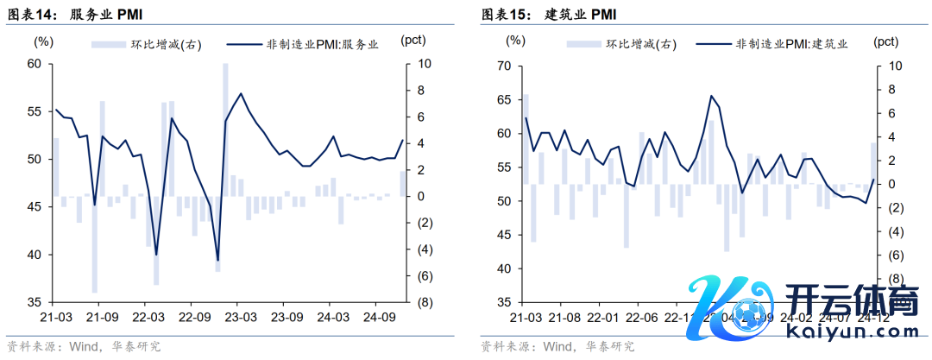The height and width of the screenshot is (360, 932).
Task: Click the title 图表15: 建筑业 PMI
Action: tap(549, 16)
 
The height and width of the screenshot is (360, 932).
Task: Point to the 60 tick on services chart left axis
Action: tap(35, 64)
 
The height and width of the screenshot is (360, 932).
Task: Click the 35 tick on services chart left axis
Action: tap(35, 302)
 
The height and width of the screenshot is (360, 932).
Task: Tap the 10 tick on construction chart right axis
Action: tap(895, 66)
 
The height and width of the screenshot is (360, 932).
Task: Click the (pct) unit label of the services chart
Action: tap(413, 41)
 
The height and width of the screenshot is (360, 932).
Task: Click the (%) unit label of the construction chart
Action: tap(515, 40)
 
